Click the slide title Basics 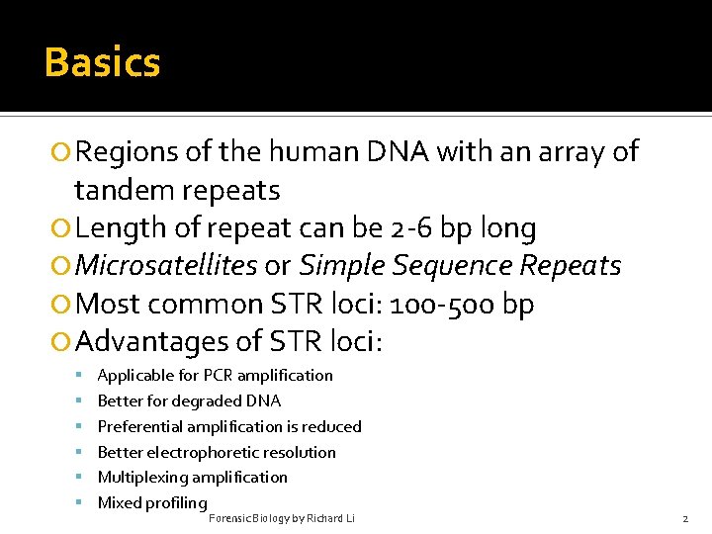tap(102, 62)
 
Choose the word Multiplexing tap(142, 478)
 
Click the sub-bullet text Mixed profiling tap(152, 502)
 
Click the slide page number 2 tap(684, 518)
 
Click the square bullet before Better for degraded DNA tap(78, 401)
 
